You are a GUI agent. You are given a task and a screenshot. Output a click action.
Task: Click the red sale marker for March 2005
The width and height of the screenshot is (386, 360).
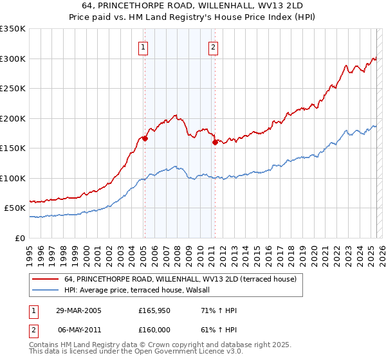click(145, 138)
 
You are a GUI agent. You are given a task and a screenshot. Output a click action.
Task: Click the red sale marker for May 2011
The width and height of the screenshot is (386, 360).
click(215, 143)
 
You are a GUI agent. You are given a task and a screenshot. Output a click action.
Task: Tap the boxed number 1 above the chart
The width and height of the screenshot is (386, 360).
click(142, 46)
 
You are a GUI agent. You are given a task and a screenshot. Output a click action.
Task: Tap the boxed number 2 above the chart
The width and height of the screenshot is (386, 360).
click(213, 46)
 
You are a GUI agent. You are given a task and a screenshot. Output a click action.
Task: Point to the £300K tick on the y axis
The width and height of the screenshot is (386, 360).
click(13, 59)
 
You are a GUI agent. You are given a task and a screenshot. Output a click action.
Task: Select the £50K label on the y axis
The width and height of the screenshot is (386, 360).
click(15, 208)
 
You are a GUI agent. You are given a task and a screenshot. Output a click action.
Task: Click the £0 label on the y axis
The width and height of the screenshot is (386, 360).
click(19, 238)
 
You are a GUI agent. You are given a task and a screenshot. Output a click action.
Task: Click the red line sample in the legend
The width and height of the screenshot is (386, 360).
click(46, 280)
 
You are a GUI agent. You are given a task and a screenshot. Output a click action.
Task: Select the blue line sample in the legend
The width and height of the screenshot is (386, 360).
click(46, 291)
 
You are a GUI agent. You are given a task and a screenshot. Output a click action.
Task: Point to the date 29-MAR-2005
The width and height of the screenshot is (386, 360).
click(79, 311)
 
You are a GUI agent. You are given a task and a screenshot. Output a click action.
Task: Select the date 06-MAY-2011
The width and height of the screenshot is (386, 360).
click(79, 330)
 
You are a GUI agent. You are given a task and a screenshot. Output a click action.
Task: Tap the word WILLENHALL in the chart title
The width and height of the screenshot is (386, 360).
click(216, 7)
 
